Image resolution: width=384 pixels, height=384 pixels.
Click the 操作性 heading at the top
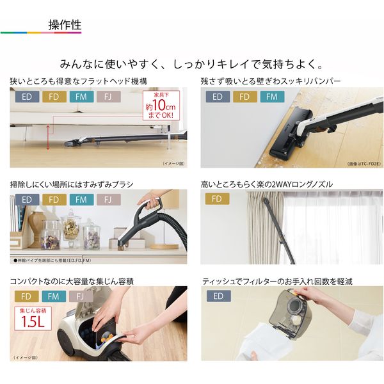pyautogui.click(x=65, y=25)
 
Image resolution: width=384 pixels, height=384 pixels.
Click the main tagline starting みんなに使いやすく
pyautogui.click(x=192, y=64)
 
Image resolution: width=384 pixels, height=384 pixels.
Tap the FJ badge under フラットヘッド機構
pyautogui.click(x=108, y=97)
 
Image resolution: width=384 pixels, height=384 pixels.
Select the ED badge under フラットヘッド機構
pyautogui.click(x=26, y=97)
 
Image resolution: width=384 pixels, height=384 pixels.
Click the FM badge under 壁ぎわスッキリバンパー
pyautogui.click(x=272, y=97)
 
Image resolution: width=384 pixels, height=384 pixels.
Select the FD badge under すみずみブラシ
pyautogui.click(x=54, y=200)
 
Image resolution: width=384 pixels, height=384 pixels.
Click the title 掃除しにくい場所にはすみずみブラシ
pyautogui.click(x=72, y=184)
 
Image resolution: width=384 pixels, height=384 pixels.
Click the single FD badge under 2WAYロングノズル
pyautogui.click(x=218, y=200)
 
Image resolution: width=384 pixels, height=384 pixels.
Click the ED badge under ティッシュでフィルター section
pyautogui.click(x=218, y=296)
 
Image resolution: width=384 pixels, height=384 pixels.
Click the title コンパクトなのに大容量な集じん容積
pyautogui.click(x=72, y=281)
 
